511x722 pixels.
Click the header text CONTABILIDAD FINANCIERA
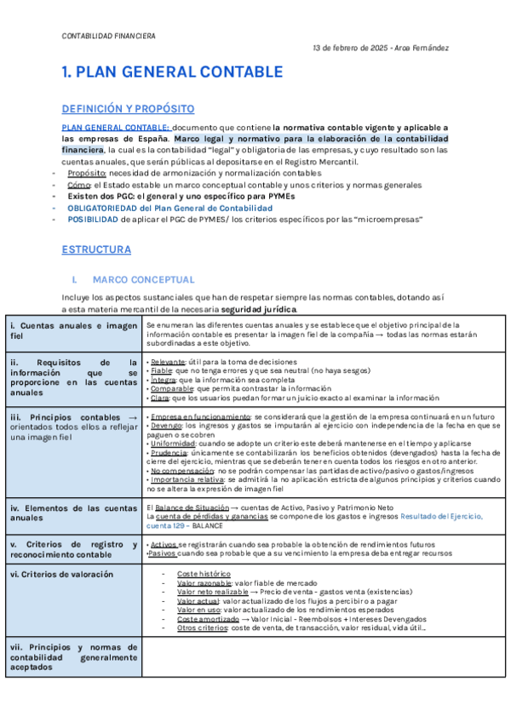point(109,37)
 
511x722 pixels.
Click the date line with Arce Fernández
point(381,49)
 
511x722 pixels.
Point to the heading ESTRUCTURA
point(96,250)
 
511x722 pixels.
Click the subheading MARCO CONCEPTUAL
point(143,279)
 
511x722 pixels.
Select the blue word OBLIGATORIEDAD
point(103,208)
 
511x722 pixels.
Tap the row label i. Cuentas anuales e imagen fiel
point(73,331)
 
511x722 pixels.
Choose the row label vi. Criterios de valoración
point(61,574)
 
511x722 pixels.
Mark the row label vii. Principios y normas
point(73,657)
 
